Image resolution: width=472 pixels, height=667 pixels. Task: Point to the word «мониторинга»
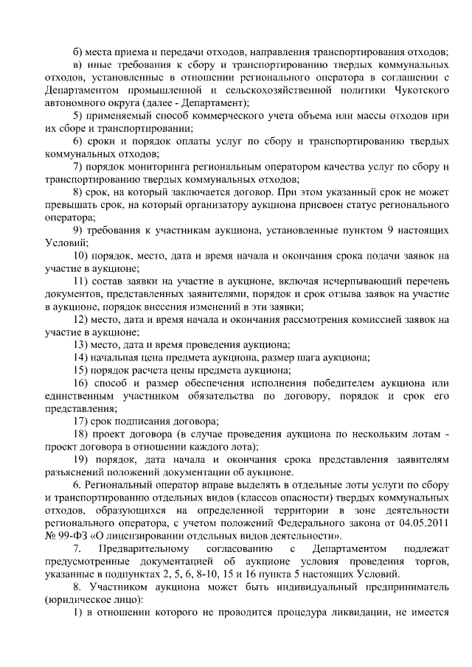pyautogui.click(x=145, y=166)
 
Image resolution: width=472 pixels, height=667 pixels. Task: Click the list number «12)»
pyautogui.click(x=81, y=319)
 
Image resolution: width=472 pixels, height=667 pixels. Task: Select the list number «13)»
pyautogui.click(x=81, y=345)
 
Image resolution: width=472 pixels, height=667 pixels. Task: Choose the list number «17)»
pyautogui.click(x=81, y=421)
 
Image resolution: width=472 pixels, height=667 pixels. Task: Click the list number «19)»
pyautogui.click(x=81, y=459)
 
